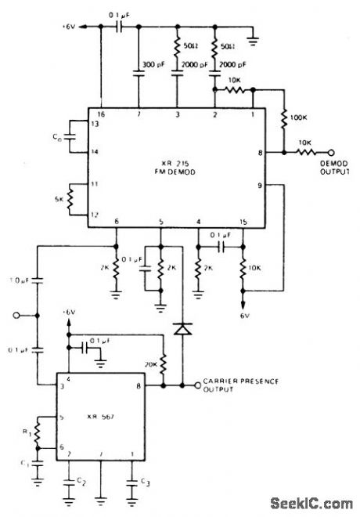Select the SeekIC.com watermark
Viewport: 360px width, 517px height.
tap(311, 502)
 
